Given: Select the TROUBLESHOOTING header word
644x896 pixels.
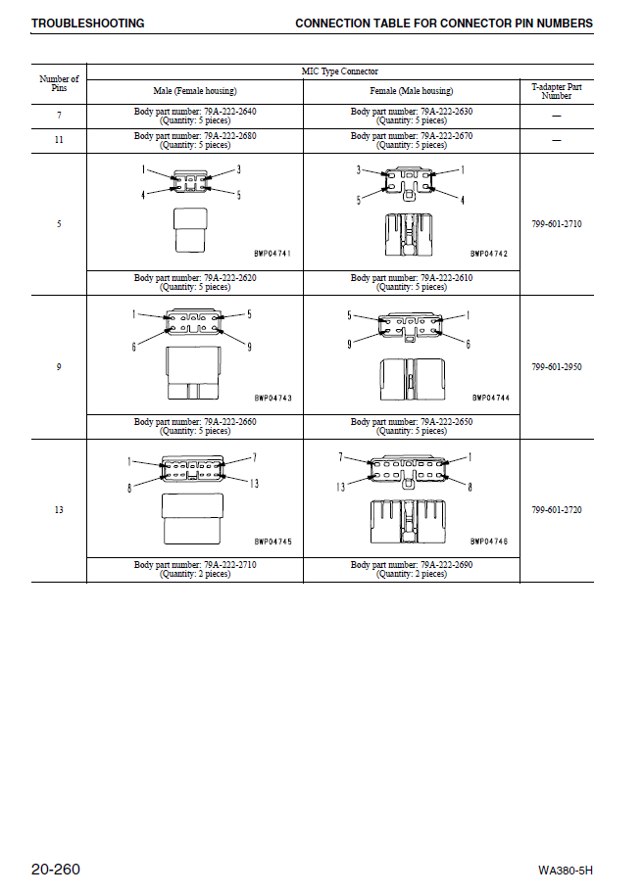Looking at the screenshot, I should (x=87, y=24).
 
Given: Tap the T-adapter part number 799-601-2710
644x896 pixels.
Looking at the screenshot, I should (x=557, y=224).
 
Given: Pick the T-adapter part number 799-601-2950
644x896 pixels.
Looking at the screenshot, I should (x=557, y=367).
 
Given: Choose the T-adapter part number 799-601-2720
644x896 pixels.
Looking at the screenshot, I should (x=557, y=510).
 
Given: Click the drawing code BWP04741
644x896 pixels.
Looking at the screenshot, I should (x=272, y=254).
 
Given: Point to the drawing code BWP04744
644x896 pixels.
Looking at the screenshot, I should (x=490, y=398).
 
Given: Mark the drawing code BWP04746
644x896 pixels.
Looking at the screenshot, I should (x=489, y=541).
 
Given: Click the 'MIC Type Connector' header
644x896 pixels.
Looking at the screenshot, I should (x=339, y=71).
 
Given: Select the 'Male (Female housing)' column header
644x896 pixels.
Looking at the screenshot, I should (x=195, y=91).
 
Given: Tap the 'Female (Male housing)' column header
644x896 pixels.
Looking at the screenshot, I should (x=412, y=91).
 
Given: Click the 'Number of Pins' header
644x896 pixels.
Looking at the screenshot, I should (x=59, y=83).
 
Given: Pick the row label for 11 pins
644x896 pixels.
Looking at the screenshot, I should (x=59, y=140).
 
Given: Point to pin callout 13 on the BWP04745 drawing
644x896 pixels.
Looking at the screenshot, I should (x=254, y=483).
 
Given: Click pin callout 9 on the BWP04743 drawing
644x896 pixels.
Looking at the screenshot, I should (x=249, y=347).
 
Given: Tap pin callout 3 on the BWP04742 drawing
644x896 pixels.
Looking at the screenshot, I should (x=359, y=169).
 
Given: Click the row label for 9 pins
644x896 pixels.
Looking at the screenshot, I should (x=59, y=367).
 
